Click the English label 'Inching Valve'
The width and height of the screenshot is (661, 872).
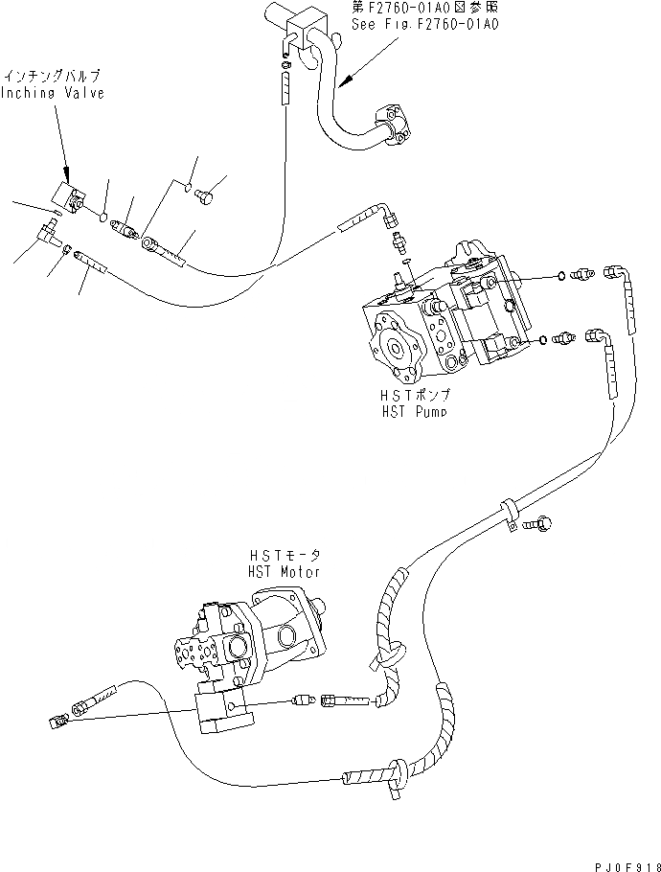pos(53,93)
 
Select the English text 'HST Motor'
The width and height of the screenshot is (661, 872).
pos(285,570)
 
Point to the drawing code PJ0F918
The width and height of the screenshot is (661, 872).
pos(620,861)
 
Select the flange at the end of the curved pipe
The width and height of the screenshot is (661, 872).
pos(397,130)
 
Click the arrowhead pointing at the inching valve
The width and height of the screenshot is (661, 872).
pos(66,176)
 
